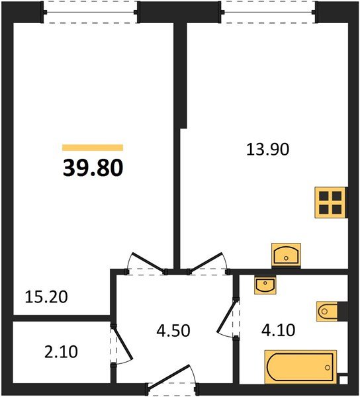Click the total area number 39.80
pyautogui.click(x=93, y=168)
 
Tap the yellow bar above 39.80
pyautogui.click(x=93, y=148)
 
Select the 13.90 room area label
pyautogui.click(x=267, y=150)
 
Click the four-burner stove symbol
pyautogui.click(x=330, y=202)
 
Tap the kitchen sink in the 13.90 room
pyautogui.click(x=286, y=254)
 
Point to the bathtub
pyautogui.click(x=300, y=367)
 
